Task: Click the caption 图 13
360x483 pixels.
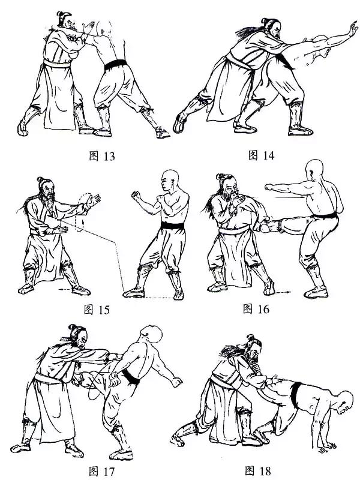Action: pos(102,156)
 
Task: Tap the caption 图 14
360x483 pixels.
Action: pos(261,155)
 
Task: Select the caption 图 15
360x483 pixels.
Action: pos(97,309)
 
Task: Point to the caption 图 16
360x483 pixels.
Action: pos(256,308)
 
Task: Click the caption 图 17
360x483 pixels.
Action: pos(101,471)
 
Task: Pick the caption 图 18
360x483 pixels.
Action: pos(258,470)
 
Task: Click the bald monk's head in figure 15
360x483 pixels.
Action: pos(170,181)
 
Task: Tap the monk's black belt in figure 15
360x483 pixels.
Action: pos(172,226)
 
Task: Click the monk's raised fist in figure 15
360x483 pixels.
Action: pos(135,195)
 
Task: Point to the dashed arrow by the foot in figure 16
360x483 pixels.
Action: pos(283,292)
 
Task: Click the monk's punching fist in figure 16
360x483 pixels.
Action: pos(269,187)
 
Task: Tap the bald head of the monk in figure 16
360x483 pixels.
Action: pos(314,170)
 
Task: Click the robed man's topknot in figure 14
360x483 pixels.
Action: pos(265,21)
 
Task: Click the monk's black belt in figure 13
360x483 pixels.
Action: pos(115,64)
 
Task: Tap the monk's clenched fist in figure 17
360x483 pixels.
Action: pos(177,382)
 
